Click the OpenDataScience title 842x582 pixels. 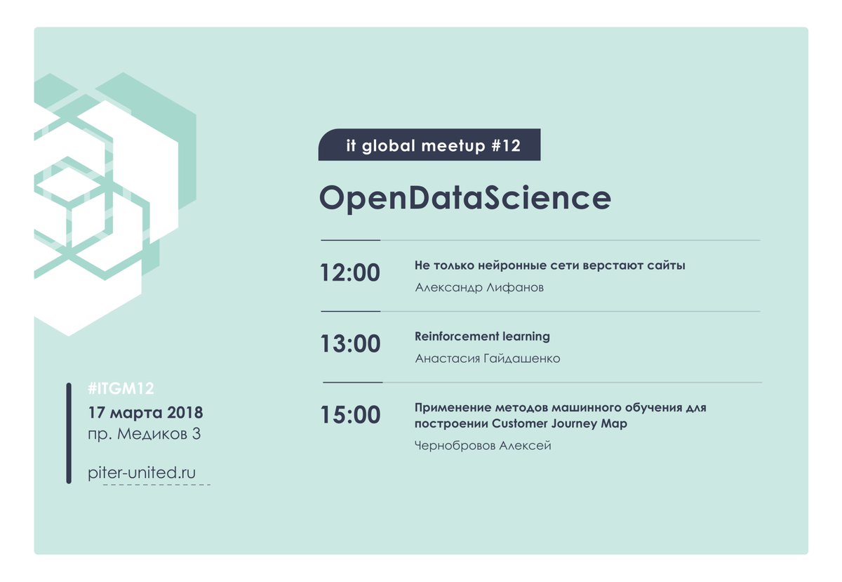pos(465,199)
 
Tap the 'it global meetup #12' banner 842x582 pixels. pos(429,145)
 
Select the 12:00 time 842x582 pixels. pos(350,272)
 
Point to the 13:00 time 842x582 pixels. pos(350,344)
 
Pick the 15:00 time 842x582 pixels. pos(350,415)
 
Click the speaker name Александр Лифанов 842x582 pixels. pos(479,288)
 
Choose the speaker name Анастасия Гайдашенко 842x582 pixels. pos(488,359)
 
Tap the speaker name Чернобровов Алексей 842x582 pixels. pos(483,446)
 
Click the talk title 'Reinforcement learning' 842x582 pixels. pos(482,336)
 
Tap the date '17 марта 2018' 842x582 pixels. pos(145,411)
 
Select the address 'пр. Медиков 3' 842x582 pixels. pos(145,435)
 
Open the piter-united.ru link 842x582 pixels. pos(141,472)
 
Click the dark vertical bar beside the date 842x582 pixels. pos(69,433)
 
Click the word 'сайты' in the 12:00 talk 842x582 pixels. pos(669,265)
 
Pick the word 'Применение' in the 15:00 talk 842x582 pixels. pos(447,408)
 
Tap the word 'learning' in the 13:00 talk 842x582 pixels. pos(526,336)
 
